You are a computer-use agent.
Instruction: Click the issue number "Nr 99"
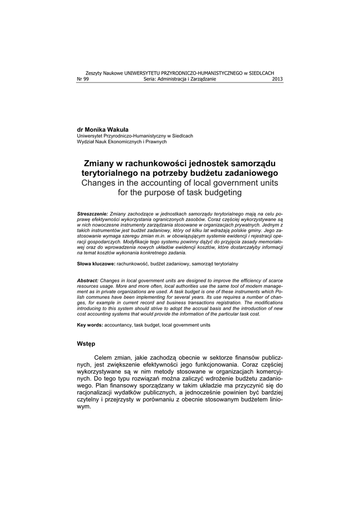(x=83, y=79)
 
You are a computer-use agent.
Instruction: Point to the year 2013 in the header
(x=277, y=79)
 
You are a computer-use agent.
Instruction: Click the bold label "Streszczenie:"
(x=92, y=213)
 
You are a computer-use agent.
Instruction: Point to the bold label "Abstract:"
(x=88, y=281)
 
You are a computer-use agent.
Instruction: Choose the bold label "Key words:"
(x=90, y=325)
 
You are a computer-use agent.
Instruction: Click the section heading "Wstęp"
(x=86, y=343)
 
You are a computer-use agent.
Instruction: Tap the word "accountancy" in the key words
(x=118, y=325)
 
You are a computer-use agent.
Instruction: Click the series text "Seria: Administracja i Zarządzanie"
(x=180, y=79)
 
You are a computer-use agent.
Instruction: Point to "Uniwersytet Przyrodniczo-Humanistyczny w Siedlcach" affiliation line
(x=135, y=136)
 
